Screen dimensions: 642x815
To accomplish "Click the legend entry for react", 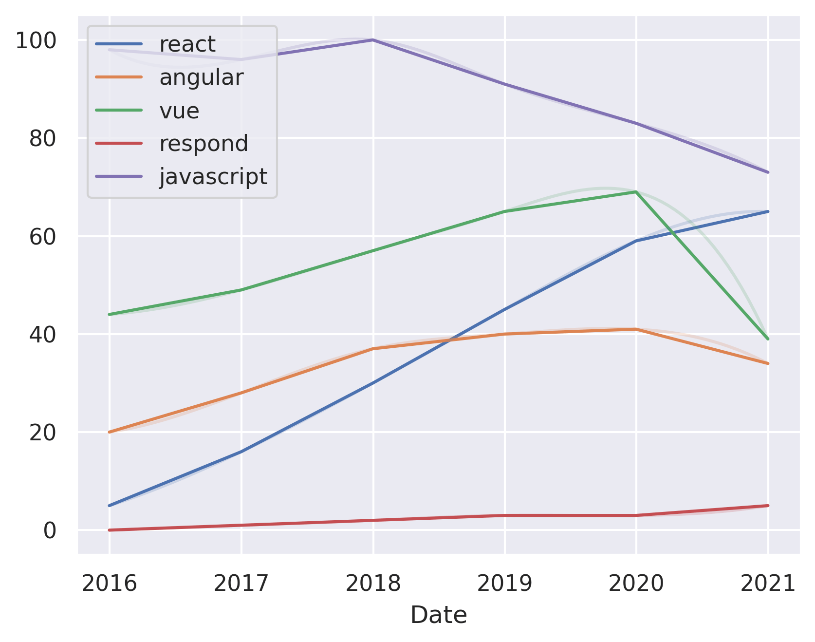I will coord(187,44).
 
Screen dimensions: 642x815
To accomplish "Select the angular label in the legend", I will coord(201,77).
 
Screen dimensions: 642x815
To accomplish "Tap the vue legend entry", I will coord(179,111).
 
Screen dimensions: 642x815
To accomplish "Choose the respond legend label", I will coord(204,144).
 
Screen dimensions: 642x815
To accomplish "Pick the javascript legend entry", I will coord(213,176).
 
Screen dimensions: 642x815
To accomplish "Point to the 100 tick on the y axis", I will coord(36,40).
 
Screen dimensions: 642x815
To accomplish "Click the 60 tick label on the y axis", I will coord(42,237).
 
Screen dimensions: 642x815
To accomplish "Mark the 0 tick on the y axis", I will coord(50,530).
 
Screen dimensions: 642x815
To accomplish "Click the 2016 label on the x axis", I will coord(109,583).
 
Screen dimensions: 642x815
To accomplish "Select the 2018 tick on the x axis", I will coord(373,583).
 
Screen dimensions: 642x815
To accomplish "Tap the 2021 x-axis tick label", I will coord(768,583).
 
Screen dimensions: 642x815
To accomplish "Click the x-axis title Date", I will coord(438,615).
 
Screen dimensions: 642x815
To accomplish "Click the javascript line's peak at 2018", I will coord(373,40).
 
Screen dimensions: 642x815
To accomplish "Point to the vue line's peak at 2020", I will coord(636,192).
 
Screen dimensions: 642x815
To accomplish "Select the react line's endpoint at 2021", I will coord(768,211).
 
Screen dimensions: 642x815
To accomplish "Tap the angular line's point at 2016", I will coord(110,432).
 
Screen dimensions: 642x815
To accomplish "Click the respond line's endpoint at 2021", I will coord(768,506).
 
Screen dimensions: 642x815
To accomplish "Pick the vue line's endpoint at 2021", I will coord(768,339).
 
